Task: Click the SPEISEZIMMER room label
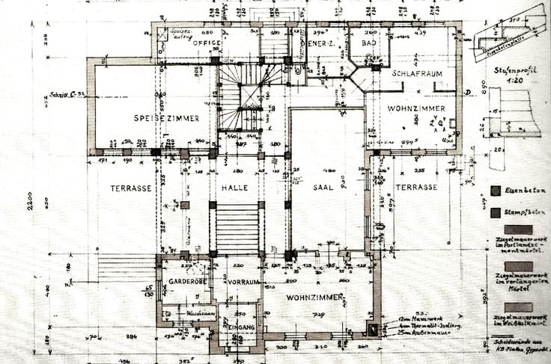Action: pyautogui.click(x=166, y=118)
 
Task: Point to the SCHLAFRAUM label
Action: pyautogui.click(x=417, y=74)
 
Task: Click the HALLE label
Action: pyautogui.click(x=235, y=188)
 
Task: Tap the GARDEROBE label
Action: pyautogui.click(x=183, y=283)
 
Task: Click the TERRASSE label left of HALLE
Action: pyautogui.click(x=131, y=188)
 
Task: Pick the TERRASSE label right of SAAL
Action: pyautogui.click(x=415, y=187)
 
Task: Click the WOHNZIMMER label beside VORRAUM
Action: pyautogui.click(x=304, y=297)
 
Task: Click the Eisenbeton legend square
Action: pyautogui.click(x=496, y=191)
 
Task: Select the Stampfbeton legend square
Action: pyautogui.click(x=496, y=212)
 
